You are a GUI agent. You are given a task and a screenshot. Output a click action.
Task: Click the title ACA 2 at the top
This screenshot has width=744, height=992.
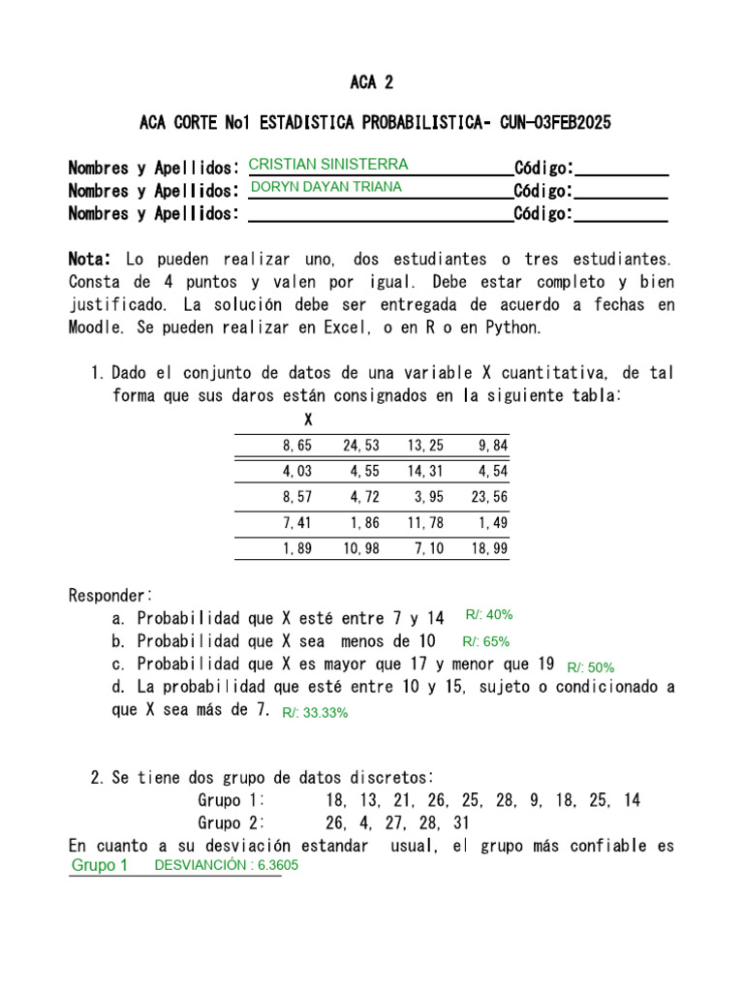pyautogui.click(x=371, y=81)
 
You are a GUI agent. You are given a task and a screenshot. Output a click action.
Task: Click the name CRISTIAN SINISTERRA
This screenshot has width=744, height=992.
pyautogui.click(x=328, y=164)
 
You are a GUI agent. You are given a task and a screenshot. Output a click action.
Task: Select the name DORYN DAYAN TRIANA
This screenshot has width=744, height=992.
pyautogui.click(x=325, y=187)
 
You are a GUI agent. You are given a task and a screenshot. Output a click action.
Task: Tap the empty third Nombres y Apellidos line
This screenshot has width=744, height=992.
pyautogui.click(x=380, y=213)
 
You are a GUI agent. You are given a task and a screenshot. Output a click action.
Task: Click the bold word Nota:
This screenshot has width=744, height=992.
pyautogui.click(x=91, y=260)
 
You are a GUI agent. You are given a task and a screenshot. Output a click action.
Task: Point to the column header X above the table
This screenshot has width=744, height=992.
pyautogui.click(x=308, y=419)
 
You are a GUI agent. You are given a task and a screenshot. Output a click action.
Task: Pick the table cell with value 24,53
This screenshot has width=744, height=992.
pyautogui.click(x=360, y=446)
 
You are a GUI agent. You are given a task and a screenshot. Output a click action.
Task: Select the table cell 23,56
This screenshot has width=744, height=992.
pyautogui.click(x=489, y=497)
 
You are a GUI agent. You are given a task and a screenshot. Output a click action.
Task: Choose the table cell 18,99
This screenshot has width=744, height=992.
pyautogui.click(x=489, y=549)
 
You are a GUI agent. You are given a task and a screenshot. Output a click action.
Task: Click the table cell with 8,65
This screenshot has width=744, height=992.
pyautogui.click(x=298, y=446)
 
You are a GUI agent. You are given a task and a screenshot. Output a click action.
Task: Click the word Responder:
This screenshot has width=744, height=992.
pyautogui.click(x=110, y=595)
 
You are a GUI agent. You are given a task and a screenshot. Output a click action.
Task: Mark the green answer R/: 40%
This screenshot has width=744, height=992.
pyautogui.click(x=488, y=614)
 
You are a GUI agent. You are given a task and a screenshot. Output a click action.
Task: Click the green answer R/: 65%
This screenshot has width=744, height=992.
pyautogui.click(x=485, y=641)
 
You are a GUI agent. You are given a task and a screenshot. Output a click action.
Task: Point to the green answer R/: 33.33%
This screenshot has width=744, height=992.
pyautogui.click(x=315, y=712)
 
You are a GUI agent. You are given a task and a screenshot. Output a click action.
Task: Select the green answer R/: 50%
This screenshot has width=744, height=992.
pyautogui.click(x=590, y=667)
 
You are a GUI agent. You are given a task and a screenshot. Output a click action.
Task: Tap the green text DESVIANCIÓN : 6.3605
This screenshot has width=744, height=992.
pyautogui.click(x=226, y=865)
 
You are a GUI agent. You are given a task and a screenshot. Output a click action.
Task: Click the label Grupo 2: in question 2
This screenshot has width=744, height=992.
pyautogui.click(x=232, y=823)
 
